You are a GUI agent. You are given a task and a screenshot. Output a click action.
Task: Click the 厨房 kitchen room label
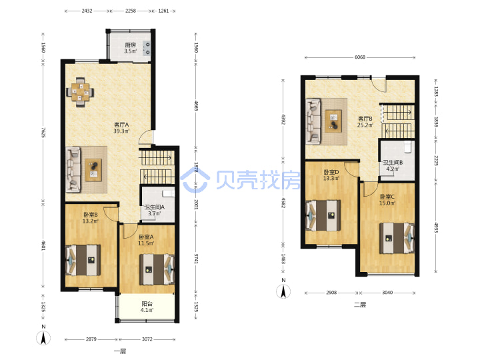pyautogui.click(x=130, y=45)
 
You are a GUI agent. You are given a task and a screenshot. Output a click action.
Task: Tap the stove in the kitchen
pyautogui.click(x=147, y=49)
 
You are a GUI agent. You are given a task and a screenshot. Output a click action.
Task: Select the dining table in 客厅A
pyautogui.click(x=80, y=92)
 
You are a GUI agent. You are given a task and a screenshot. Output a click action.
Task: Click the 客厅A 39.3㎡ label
pyautogui.click(x=121, y=127)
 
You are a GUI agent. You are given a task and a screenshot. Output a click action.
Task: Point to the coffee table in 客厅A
pyautogui.click(x=93, y=169)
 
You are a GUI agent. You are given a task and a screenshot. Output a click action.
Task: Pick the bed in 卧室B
pyautogui.click(x=83, y=260)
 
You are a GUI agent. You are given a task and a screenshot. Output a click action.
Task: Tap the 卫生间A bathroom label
pyautogui.click(x=154, y=207)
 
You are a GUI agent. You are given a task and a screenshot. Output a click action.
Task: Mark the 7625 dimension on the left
pyautogui.click(x=43, y=132)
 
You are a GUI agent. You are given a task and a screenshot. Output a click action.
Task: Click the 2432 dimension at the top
pyautogui.click(x=87, y=11)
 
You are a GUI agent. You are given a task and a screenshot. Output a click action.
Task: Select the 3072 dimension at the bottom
pyautogui.click(x=147, y=339)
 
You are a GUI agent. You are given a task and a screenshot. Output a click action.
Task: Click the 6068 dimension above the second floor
pyautogui.click(x=360, y=57)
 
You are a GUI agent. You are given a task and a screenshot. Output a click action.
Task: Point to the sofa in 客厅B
pyautogui.click(x=313, y=121)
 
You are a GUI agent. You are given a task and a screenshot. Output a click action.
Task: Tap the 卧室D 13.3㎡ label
pyautogui.click(x=331, y=175)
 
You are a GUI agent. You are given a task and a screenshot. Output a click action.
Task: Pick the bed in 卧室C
pyautogui.click(x=397, y=238)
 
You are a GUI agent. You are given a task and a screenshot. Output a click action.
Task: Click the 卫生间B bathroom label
pyautogui.click(x=393, y=163)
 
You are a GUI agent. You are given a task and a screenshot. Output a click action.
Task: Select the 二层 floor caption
pyautogui.click(x=360, y=304)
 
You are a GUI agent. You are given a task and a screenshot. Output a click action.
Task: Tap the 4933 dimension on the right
pyautogui.click(x=436, y=227)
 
